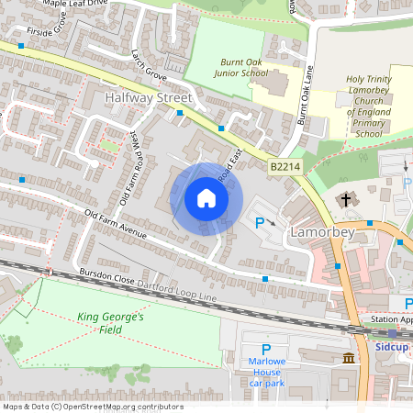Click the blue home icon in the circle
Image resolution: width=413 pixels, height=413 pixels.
tap(206, 198)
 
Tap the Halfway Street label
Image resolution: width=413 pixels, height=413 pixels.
tap(148, 97)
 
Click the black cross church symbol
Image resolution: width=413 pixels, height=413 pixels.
tap(346, 199)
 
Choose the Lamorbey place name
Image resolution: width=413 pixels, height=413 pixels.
tap(322, 233)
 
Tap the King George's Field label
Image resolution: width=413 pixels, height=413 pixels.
tap(111, 317)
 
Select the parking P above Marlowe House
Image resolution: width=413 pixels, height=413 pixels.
tap(266, 350)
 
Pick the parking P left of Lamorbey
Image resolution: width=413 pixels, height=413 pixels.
tap(259, 222)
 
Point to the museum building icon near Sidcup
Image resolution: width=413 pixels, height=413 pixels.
tap(349, 357)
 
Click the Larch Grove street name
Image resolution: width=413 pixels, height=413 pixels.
tap(147, 62)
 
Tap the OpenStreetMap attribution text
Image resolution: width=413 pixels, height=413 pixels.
tap(93, 407)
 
